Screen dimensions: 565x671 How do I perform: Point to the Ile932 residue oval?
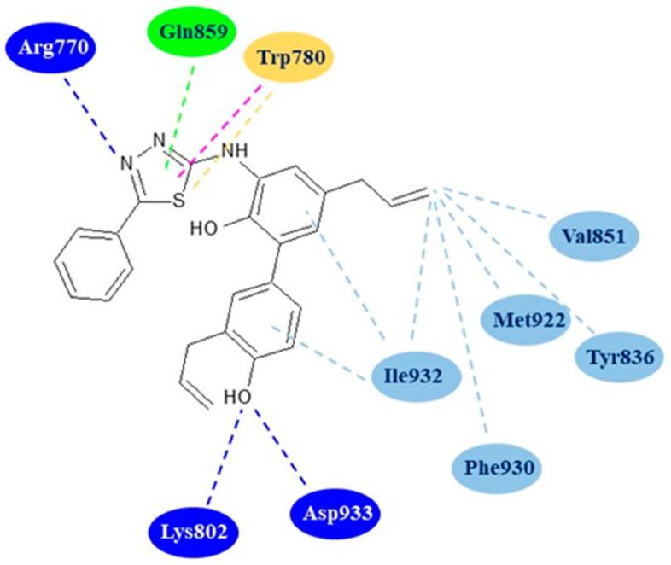tap(416, 373)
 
